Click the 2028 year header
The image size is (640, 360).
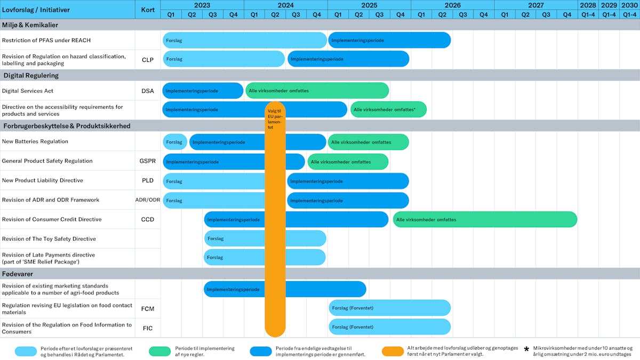click(x=588, y=5)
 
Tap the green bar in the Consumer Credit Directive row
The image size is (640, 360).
click(x=485, y=219)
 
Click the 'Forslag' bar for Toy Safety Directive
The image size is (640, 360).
click(x=235, y=238)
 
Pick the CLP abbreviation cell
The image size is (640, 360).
click(x=148, y=60)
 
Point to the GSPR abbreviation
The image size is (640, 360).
click(x=148, y=161)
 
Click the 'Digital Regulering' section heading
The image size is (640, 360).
click(x=31, y=75)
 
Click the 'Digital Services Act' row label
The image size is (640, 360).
click(x=28, y=91)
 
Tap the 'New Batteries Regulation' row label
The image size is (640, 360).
click(x=35, y=141)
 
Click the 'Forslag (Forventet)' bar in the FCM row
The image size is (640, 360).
click(x=389, y=308)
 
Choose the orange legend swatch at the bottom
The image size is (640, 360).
click(x=393, y=351)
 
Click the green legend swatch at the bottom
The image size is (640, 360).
click(x=159, y=351)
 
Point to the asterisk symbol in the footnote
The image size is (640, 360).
click(x=526, y=349)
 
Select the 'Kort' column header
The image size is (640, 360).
click(x=148, y=10)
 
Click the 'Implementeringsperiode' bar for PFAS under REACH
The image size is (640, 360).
click(x=389, y=40)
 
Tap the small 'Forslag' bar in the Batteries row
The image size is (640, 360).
click(x=174, y=142)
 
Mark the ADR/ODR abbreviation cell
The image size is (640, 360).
click(x=148, y=200)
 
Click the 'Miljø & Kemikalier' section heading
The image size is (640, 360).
click(x=31, y=25)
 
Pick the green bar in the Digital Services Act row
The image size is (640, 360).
click(x=317, y=91)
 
